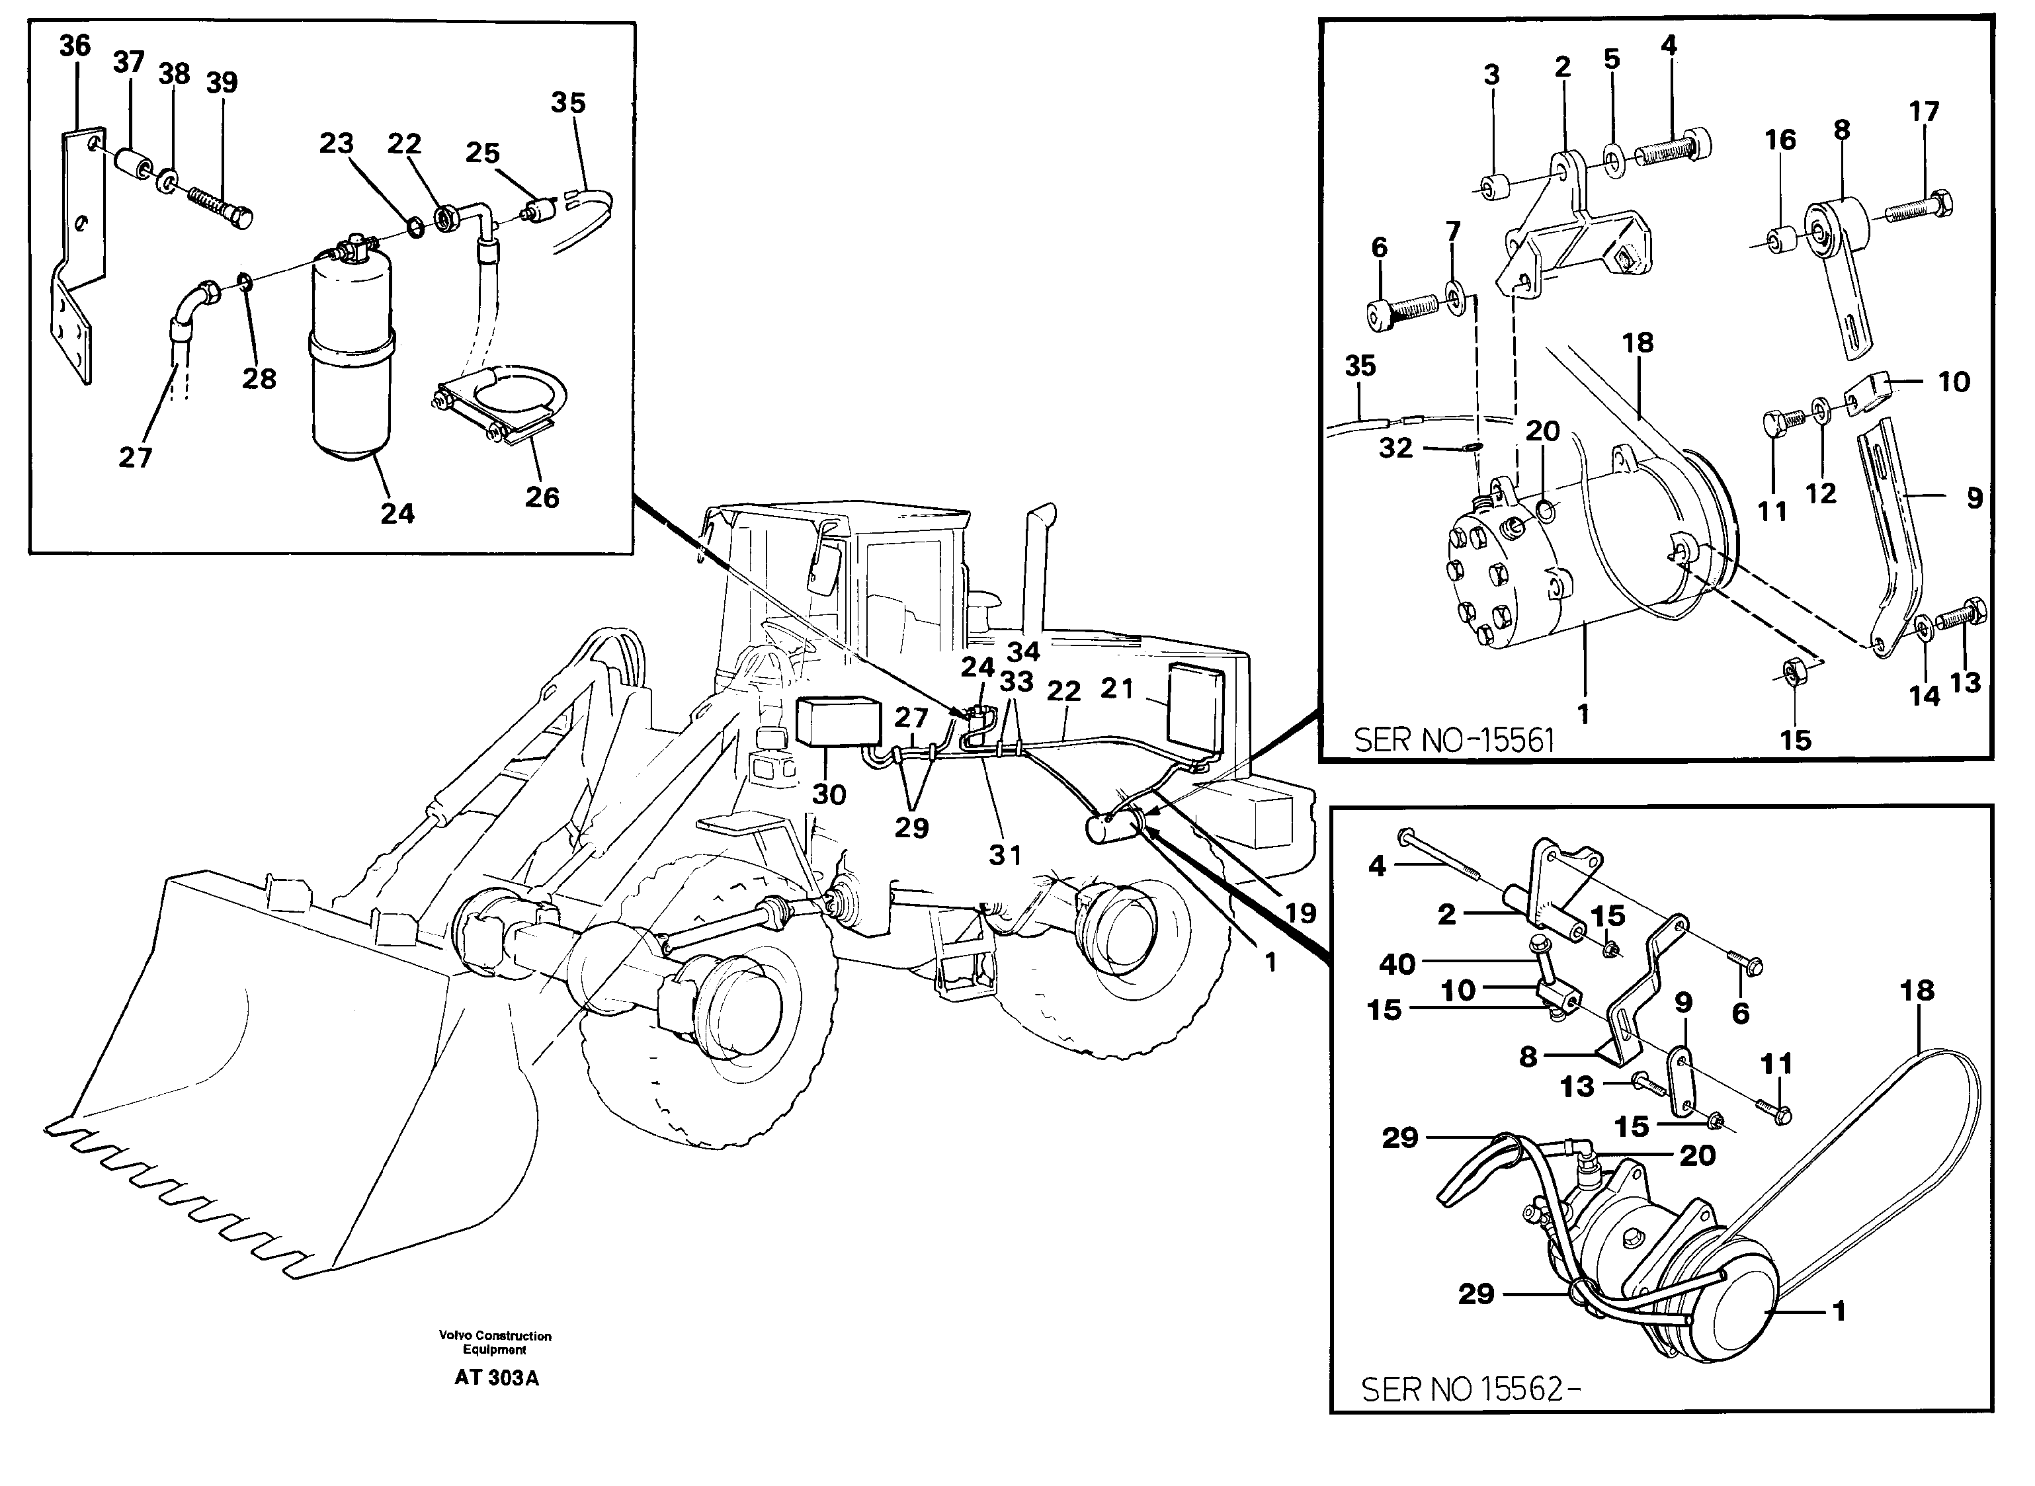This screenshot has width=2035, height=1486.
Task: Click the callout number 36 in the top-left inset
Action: (75, 45)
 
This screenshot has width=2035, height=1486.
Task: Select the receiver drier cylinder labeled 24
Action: (352, 360)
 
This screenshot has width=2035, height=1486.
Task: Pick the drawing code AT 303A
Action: (496, 1378)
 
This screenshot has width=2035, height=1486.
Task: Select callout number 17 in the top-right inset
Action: (1925, 112)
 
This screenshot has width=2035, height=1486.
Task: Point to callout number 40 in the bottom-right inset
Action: (1397, 964)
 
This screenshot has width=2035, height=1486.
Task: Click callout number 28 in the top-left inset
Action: (259, 379)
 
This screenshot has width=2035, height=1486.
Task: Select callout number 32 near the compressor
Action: (1395, 447)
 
